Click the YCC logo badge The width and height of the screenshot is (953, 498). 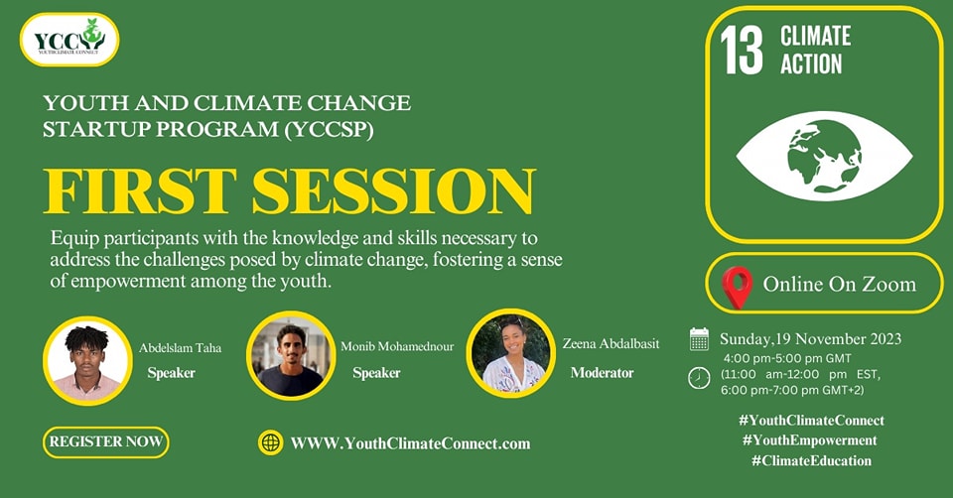pos(69,40)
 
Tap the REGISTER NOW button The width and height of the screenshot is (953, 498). pos(106,442)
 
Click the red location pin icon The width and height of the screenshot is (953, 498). pos(737,288)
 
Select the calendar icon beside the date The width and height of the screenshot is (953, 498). pos(699,339)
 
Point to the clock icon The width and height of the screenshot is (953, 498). pos(699,378)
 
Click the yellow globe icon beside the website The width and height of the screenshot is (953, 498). pos(270,442)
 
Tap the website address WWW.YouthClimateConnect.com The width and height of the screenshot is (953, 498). pos(410,444)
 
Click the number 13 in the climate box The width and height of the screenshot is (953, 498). pos(742,51)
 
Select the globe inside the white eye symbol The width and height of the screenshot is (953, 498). pos(824,156)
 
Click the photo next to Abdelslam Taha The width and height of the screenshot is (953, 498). pos(87,360)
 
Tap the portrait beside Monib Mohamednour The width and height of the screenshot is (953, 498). pos(291,356)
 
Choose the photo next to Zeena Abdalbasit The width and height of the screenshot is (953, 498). pos(510,353)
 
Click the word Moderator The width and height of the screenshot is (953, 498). pos(602,373)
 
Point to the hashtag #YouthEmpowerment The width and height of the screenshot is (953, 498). pos(810,440)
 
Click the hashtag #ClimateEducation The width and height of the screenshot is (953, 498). pos(811,461)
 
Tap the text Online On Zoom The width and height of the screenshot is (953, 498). pos(840,285)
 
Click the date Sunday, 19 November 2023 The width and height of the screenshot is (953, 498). pos(811,339)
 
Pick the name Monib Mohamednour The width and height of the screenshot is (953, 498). pos(397,347)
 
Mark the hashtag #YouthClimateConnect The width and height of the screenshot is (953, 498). pos(811,421)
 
